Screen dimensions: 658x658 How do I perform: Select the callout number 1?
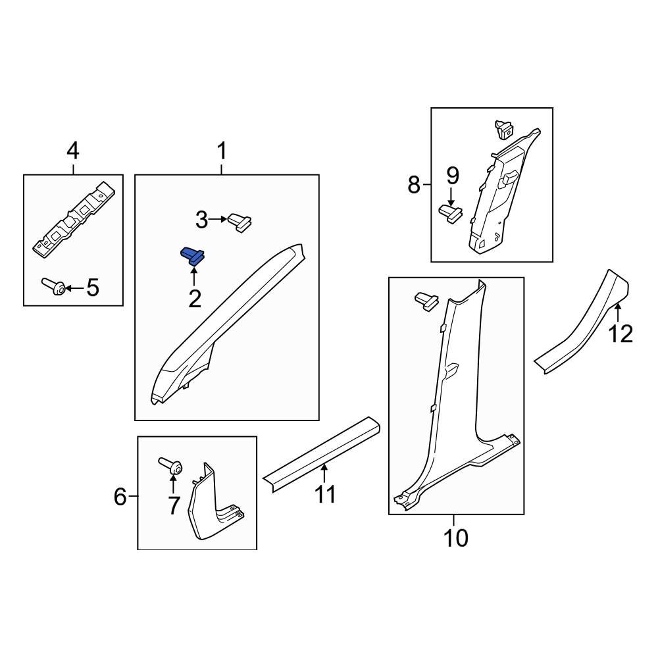click(222, 152)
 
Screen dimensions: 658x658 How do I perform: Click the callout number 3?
click(201, 219)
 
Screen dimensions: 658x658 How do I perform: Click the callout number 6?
click(120, 496)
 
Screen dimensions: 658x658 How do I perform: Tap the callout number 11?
click(325, 493)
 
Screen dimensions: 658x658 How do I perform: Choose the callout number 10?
click(455, 538)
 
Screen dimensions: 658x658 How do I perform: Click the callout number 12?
click(620, 334)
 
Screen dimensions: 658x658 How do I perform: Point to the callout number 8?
click(413, 185)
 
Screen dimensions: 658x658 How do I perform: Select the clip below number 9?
click(451, 213)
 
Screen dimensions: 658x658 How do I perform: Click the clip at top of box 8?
click(503, 129)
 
